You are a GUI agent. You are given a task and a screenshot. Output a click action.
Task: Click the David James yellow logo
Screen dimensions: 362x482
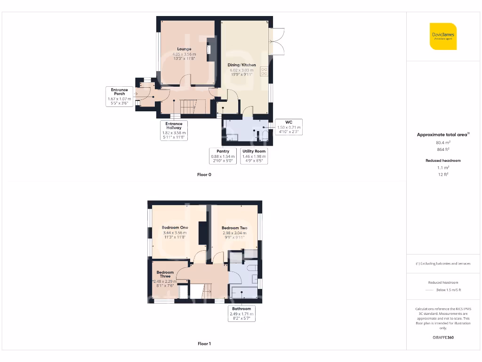click(x=443, y=36)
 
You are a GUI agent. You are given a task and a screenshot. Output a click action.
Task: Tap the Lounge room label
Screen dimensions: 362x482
click(x=184, y=49)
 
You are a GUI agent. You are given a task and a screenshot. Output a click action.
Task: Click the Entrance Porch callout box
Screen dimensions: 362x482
click(x=119, y=97)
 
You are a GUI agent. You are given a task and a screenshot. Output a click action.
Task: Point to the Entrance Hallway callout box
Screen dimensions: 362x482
click(x=174, y=131)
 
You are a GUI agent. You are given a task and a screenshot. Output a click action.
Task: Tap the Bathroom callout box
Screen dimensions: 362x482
click(x=241, y=313)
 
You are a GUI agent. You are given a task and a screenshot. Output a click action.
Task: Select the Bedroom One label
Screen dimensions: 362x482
click(x=175, y=228)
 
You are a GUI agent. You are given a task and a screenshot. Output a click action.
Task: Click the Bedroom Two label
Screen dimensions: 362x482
click(x=234, y=228)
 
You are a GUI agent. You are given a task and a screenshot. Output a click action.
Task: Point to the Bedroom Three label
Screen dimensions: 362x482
click(x=165, y=274)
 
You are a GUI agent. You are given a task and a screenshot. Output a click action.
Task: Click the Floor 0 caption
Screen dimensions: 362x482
click(x=204, y=174)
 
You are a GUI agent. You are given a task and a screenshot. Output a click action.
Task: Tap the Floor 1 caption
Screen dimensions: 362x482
click(x=204, y=344)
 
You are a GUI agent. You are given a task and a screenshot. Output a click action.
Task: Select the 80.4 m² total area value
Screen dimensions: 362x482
click(x=443, y=142)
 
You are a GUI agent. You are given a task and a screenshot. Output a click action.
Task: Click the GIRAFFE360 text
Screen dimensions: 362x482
click(x=443, y=337)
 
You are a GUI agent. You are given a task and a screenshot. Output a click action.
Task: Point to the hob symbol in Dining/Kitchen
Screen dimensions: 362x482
click(x=264, y=71)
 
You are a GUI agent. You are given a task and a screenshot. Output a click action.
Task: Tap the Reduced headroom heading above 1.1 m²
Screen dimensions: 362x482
click(x=443, y=161)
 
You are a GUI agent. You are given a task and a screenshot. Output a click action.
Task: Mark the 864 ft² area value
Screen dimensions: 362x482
click(x=443, y=149)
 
